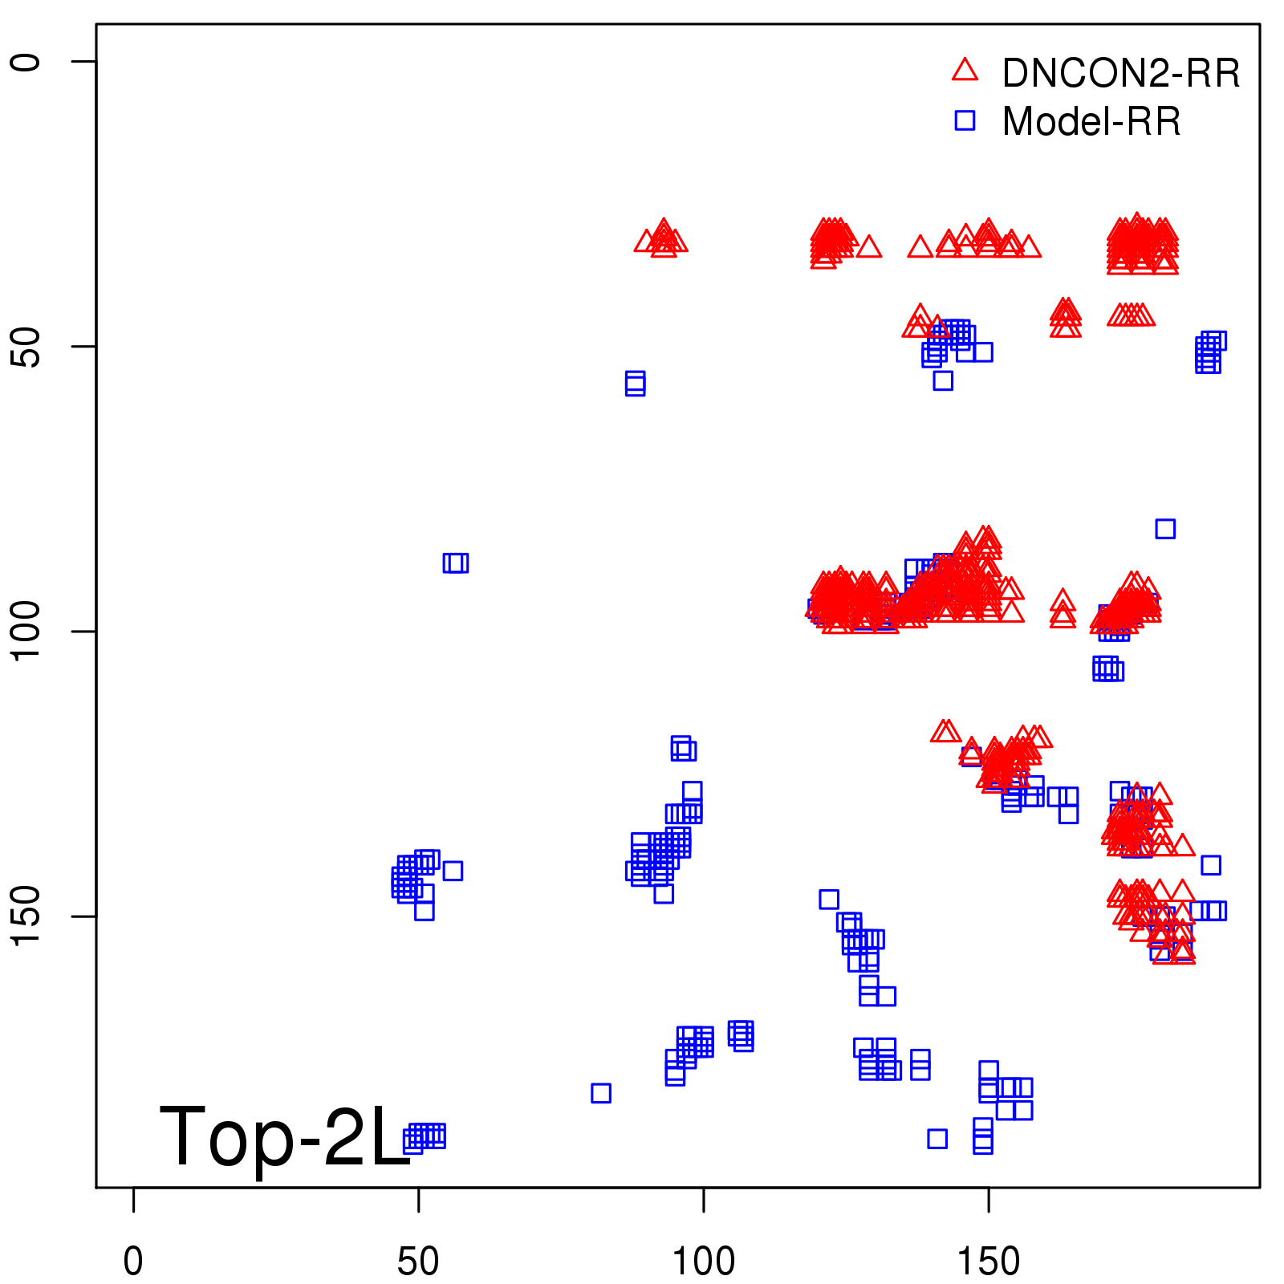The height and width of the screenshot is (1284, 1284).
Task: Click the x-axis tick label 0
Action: (133, 1262)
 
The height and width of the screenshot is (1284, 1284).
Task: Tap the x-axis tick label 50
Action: (418, 1262)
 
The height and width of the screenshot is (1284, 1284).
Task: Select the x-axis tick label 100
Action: (703, 1262)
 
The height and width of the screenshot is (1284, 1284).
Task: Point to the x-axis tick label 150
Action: (989, 1262)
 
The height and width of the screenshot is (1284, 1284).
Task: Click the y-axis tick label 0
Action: (26, 62)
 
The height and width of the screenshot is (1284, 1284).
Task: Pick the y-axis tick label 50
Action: (26, 347)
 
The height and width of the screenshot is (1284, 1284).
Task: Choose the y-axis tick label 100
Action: (26, 632)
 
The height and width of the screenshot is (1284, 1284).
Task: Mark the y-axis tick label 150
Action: (26, 916)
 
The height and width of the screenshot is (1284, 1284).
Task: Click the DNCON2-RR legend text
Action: (1121, 74)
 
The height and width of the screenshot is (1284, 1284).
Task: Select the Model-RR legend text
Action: (1091, 122)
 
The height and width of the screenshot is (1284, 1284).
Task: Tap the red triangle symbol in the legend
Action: (965, 71)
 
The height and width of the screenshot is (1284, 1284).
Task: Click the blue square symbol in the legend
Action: (965, 120)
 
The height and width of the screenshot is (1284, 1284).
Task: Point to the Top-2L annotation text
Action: (285, 1136)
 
